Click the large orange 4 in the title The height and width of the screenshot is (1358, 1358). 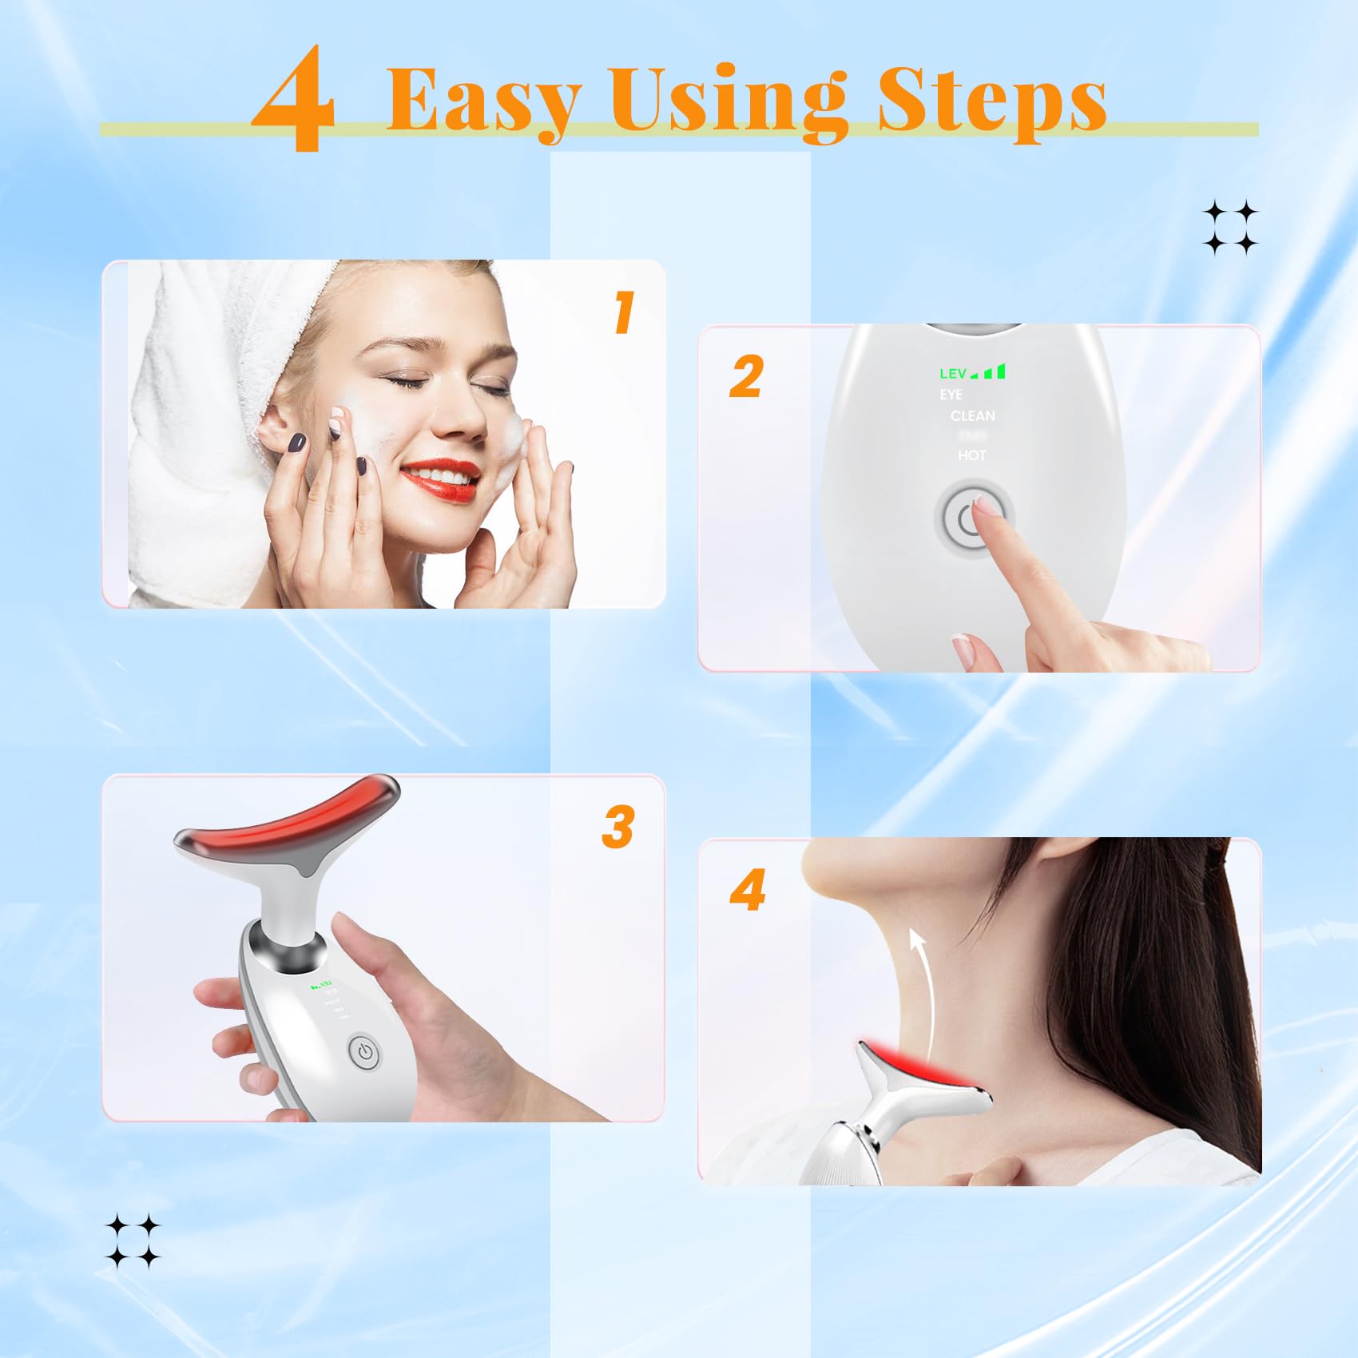pos(294,100)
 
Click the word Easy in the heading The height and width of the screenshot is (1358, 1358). pos(482,100)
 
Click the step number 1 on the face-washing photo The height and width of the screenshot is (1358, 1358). pos(624,312)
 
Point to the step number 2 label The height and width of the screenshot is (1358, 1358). pos(746,377)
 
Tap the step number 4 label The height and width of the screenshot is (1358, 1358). pos(748,890)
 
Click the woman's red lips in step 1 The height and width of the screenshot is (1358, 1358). pos(439,478)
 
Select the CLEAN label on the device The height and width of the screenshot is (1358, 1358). pos(972,415)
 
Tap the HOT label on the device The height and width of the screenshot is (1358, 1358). pos(971,455)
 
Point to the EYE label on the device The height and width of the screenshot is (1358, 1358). pos(951,395)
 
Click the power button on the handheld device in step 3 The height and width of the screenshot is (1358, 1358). pos(365,1052)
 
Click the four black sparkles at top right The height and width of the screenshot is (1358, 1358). pos(1230,228)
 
